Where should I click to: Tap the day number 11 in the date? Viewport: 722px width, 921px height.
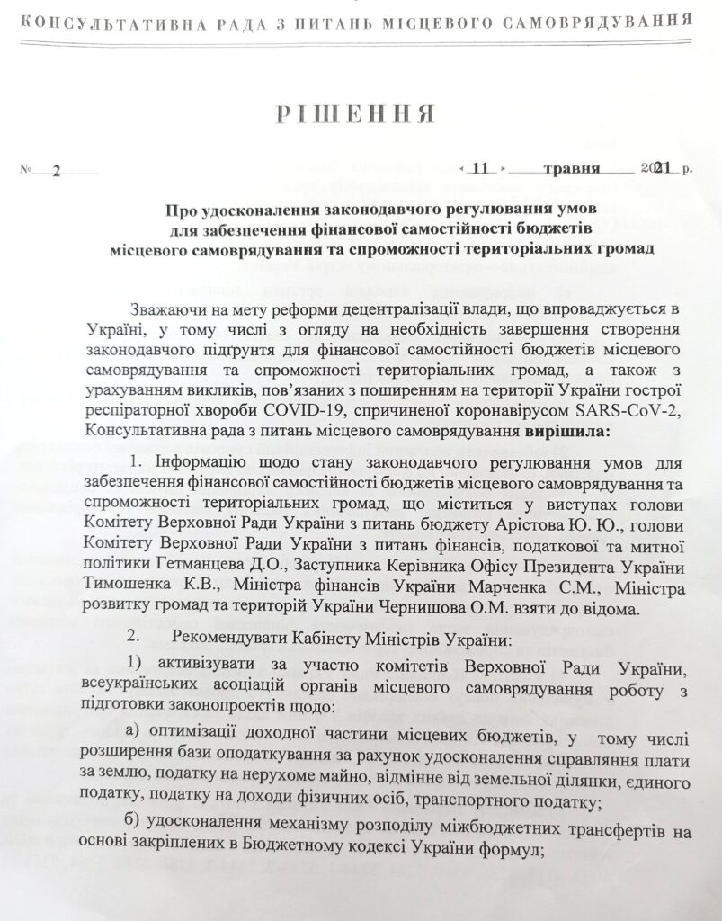pos(483,168)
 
